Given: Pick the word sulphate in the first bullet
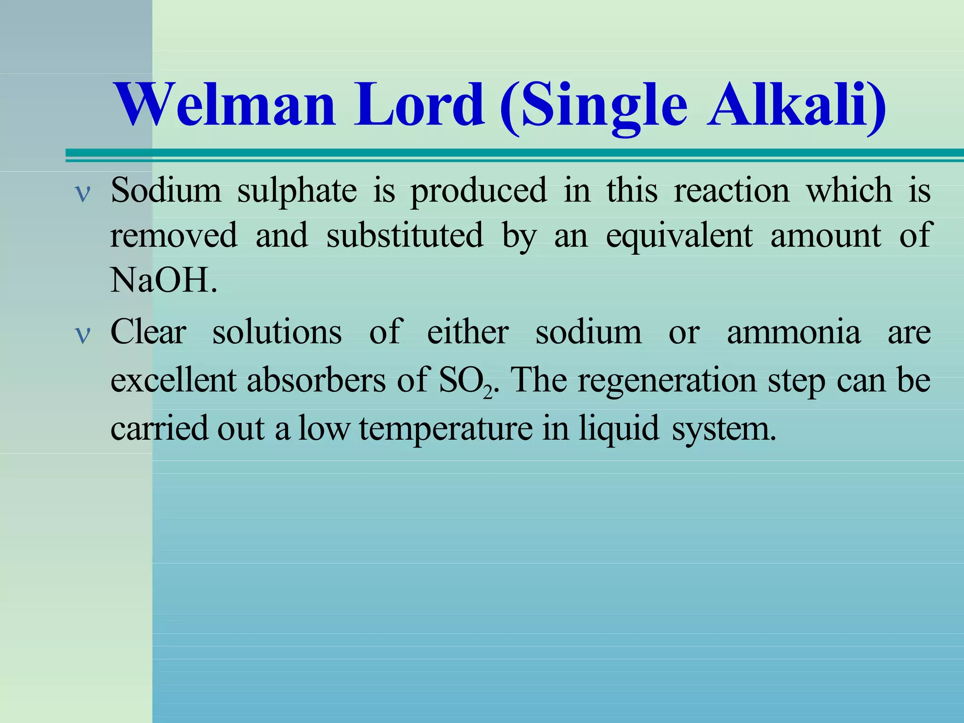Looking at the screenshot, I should point(297,192).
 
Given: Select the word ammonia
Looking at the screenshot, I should point(794,332).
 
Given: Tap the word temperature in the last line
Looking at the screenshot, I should point(446,428).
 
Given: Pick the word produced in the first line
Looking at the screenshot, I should point(479,192).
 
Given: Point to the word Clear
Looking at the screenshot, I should point(148,332).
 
